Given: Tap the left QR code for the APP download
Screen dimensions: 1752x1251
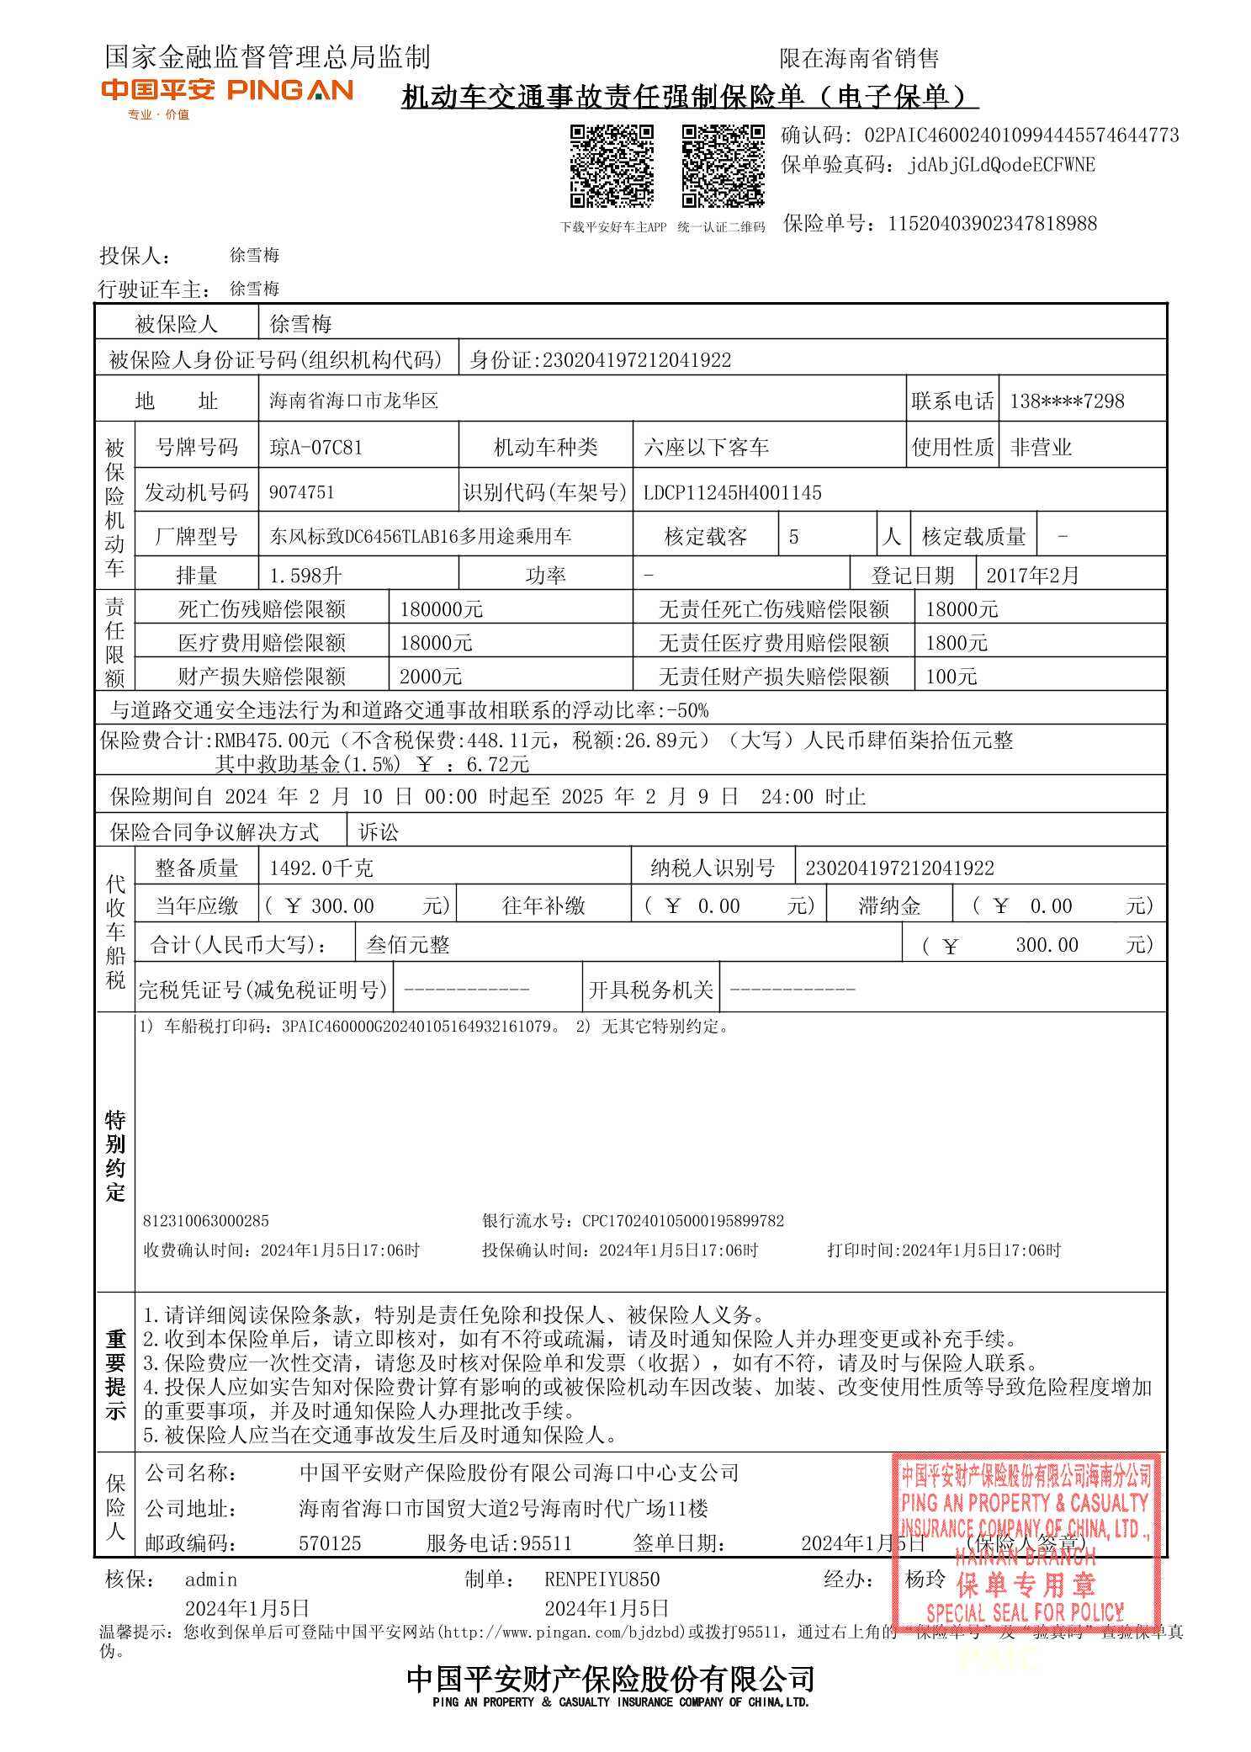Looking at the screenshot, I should [x=612, y=166].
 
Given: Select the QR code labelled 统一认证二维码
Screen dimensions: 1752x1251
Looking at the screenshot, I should [x=723, y=166].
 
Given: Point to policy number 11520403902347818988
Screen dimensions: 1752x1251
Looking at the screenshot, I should [x=992, y=224].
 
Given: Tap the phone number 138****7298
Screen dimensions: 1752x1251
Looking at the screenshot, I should [x=1066, y=401].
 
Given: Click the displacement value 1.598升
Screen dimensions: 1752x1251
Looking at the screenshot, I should [x=305, y=576].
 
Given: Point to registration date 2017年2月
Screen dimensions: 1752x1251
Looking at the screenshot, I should [x=1032, y=576].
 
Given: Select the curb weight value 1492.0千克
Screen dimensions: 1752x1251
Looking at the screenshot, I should [x=321, y=868].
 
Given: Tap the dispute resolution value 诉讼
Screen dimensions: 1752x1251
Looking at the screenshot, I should [x=379, y=833].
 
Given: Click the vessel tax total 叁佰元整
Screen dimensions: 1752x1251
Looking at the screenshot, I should [x=408, y=945].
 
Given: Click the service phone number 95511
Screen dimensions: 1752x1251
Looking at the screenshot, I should [x=546, y=1543].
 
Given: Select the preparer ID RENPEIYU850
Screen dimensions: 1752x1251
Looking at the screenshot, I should [x=602, y=1579].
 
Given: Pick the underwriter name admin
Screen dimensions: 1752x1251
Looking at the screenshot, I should [x=211, y=1579].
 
